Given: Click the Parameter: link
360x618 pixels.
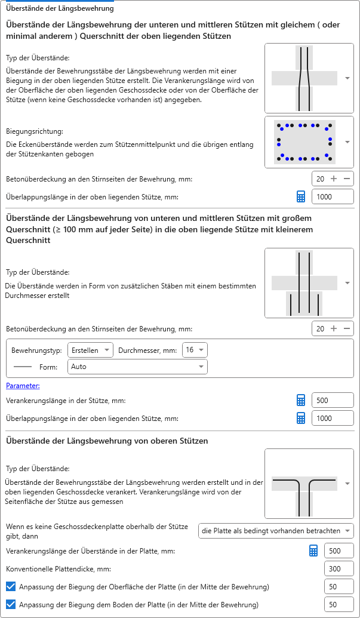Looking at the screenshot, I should point(23,386).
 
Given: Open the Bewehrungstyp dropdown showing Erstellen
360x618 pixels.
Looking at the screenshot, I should point(90,350).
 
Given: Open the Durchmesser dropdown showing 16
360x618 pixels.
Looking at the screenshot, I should point(195,350).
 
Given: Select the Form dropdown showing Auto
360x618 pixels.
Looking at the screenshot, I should point(137,367).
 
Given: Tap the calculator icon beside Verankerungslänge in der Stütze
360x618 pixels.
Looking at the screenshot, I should point(301,401).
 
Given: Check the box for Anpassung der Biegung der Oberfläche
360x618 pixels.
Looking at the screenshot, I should point(10,587).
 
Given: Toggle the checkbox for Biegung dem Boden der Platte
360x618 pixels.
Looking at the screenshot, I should point(10,605).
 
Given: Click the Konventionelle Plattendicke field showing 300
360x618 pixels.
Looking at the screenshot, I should point(339,569).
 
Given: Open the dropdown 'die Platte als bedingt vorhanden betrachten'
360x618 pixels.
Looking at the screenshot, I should point(275,531).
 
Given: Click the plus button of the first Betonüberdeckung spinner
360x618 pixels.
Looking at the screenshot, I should point(334,179).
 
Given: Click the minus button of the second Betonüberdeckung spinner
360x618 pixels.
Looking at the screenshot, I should point(346,328).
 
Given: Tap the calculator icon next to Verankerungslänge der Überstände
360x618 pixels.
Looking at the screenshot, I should point(313,551).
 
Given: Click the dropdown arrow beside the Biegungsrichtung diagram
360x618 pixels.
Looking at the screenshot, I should point(347,142).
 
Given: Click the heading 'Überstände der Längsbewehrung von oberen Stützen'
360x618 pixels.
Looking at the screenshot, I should point(107,441).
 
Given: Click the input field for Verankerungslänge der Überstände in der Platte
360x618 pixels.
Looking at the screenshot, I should point(339,551).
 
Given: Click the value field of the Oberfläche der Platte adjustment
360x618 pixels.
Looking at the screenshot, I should point(339,587).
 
